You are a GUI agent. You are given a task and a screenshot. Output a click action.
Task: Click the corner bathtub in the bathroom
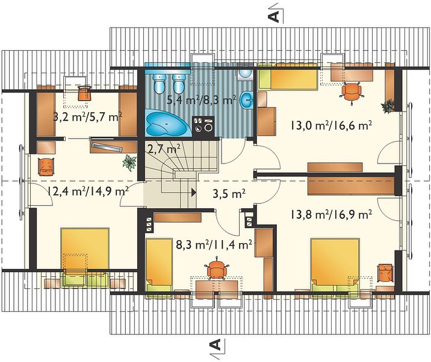pos(167,123)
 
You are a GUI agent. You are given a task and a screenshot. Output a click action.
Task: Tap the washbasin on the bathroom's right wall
pos(247,100)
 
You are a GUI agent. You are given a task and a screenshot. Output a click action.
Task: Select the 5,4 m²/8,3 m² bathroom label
pos(202,99)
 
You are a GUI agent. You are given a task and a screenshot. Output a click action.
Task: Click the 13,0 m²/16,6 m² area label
pos(331,126)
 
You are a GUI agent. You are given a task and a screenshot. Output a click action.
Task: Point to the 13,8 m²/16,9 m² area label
pos(331,214)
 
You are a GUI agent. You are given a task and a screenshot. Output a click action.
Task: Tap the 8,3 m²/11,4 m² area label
pos(214,244)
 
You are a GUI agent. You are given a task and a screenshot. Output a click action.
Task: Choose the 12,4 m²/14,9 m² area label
pos(88,191)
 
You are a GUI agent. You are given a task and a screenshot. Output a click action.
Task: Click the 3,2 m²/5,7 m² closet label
pos(87,118)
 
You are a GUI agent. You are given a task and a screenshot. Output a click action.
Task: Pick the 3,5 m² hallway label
pos(229,194)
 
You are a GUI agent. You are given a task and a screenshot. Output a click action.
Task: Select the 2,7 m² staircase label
pos(164,150)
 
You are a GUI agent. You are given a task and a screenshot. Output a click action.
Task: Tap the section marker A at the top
pos(274,17)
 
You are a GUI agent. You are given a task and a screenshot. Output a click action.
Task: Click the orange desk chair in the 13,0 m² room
pos(352,92)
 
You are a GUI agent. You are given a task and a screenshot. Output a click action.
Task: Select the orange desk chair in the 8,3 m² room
pos(217,268)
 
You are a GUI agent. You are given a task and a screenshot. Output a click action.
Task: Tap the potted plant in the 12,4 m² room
pos(129,163)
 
